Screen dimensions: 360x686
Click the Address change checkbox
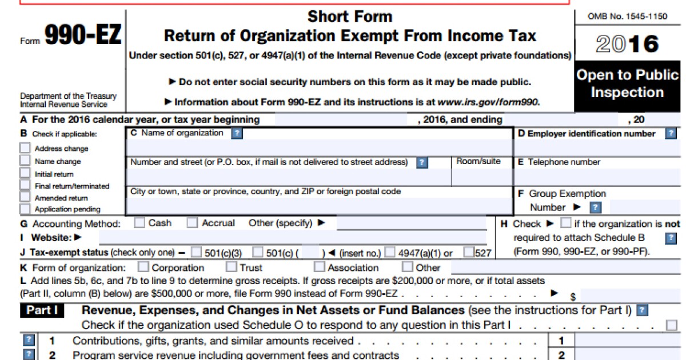pyautogui.click(x=25, y=147)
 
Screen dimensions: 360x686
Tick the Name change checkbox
pyautogui.click(x=25, y=161)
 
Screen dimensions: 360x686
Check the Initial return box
pyautogui.click(x=25, y=173)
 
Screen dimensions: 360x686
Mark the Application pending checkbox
pyautogui.click(x=25, y=209)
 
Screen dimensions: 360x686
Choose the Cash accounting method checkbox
pyautogui.click(x=139, y=223)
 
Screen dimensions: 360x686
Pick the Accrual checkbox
pyautogui.click(x=193, y=223)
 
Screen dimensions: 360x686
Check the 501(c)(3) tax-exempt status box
pyautogui.click(x=197, y=252)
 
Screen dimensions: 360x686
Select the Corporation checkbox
pyautogui.click(x=143, y=267)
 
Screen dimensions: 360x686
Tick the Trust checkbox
pyautogui.click(x=232, y=267)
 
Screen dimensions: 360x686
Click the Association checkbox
pyautogui.click(x=320, y=267)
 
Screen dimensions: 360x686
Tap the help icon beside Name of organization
pyautogui.click(x=237, y=133)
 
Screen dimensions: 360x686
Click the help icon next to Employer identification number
pyautogui.click(x=671, y=133)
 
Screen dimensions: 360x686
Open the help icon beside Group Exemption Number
pyautogui.click(x=596, y=207)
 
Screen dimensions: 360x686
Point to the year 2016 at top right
pyautogui.click(x=627, y=44)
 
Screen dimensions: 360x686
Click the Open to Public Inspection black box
pyautogui.click(x=627, y=84)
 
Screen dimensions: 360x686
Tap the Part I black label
pyautogui.click(x=42, y=311)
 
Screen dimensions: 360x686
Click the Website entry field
pyautogui.click(x=292, y=237)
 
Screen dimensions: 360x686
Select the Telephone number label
pyautogui.click(x=564, y=162)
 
